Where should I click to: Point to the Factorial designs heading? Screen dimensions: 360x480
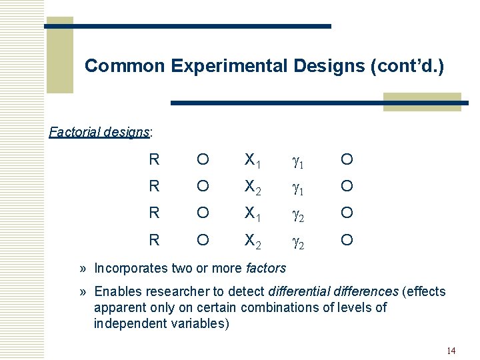[101, 131]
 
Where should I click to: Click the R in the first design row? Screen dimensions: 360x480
[154, 159]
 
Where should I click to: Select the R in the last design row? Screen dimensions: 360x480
[154, 239]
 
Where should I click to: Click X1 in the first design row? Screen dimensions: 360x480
[253, 160]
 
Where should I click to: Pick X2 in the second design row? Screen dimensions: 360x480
[253, 187]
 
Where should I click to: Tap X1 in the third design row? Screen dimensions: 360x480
[253, 213]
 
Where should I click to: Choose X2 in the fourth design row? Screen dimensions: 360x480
[253, 240]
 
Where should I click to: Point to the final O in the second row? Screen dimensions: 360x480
[347, 186]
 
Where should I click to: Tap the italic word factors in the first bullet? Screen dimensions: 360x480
[266, 269]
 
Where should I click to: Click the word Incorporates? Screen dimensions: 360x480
[127, 269]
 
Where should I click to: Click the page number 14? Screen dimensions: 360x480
[451, 351]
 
